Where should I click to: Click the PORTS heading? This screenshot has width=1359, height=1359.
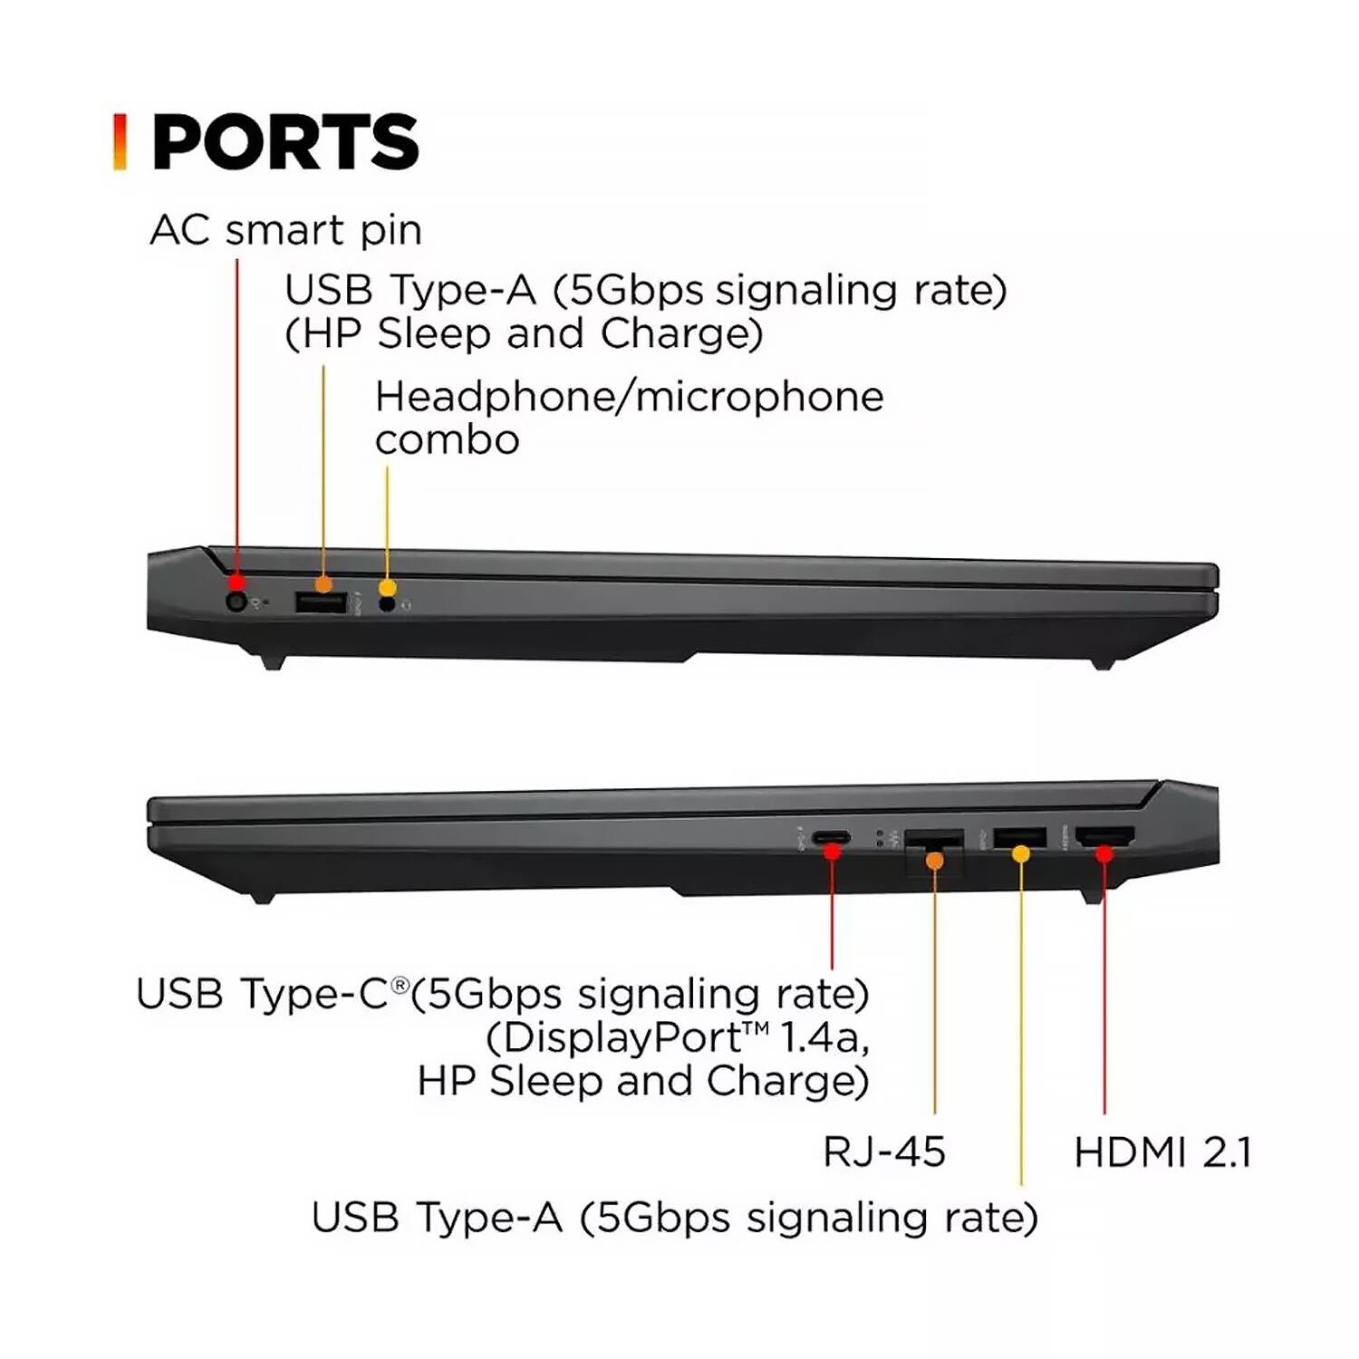pos(285,142)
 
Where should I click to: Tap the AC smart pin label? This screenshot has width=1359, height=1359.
pos(285,230)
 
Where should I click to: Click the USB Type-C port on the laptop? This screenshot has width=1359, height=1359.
pos(831,836)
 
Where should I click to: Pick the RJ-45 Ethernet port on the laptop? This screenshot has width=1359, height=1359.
pos(933,843)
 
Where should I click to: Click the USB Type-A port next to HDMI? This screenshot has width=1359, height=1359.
pos(1020,837)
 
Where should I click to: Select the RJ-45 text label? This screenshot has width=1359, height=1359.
pos(884,1152)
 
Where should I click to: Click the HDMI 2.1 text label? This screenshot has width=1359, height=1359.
pos(1163,1152)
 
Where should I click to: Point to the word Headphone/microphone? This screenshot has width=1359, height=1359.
pos(630,397)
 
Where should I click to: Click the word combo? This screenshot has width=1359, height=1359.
pos(448,440)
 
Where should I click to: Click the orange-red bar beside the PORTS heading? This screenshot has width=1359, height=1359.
pos(120,142)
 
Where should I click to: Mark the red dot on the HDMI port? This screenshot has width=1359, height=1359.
pos(1104,853)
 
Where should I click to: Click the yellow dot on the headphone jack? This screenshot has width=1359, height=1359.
pos(388,588)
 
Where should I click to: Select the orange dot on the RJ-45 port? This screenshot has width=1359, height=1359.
pos(935,860)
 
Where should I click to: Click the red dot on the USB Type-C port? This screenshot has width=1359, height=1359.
pos(832,852)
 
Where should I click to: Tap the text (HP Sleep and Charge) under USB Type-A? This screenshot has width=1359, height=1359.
pos(524,333)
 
